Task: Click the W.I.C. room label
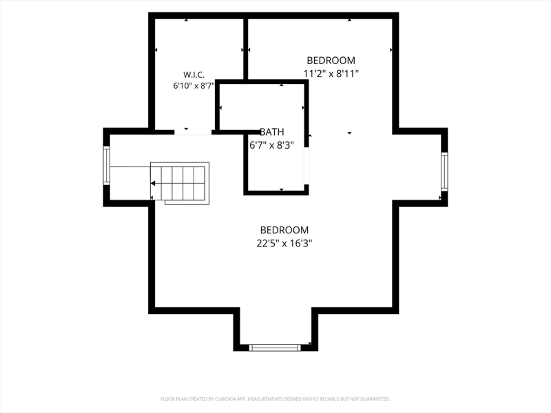[x=194, y=75]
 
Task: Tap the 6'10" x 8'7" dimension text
[x=194, y=85]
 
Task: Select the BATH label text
[x=271, y=132]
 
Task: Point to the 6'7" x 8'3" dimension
[x=271, y=145]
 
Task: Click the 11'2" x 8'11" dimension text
[x=331, y=74]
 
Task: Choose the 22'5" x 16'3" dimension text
[x=284, y=243]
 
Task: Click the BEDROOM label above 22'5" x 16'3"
[x=284, y=230]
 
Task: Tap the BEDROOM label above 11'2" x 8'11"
[x=331, y=61]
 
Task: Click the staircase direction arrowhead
[x=153, y=183]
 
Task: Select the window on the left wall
[x=107, y=165]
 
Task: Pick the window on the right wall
[x=444, y=171]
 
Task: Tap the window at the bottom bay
[x=275, y=348]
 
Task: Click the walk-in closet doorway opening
[x=193, y=132]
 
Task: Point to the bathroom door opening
[x=306, y=165]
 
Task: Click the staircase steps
[x=180, y=183]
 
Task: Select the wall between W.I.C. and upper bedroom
[x=246, y=49]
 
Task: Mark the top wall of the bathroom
[x=262, y=82]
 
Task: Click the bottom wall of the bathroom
[x=276, y=193]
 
